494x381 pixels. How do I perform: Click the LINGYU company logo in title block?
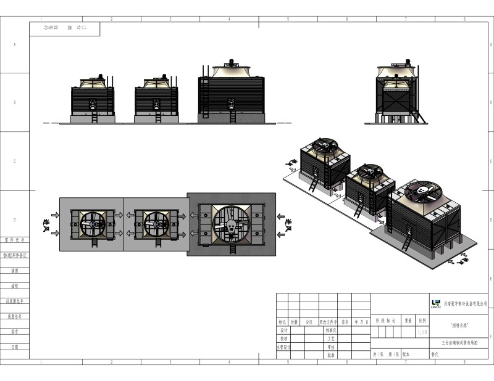pos(435,303)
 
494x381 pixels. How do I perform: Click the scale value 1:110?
pos(422,332)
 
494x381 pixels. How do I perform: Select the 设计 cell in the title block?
pos(283,330)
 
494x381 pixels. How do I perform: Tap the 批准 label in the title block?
pos(331,355)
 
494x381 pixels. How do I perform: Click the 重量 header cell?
pos(408,321)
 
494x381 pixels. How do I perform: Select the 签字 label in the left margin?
pos(14,332)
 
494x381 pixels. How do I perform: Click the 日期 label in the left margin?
pos(14,347)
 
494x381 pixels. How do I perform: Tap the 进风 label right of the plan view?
pos(288,223)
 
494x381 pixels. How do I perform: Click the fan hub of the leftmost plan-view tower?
pos(93,224)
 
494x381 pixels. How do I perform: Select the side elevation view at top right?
pos(398,92)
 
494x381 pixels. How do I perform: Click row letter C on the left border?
pos(14,161)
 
